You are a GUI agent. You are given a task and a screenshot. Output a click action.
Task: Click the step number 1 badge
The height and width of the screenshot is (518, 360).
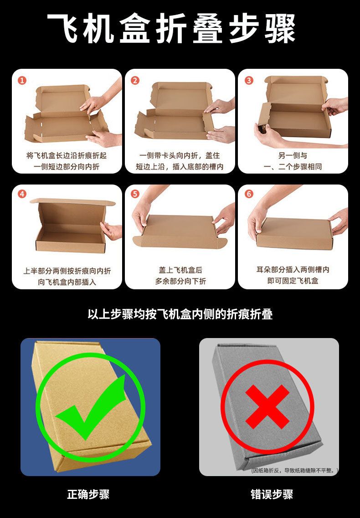22,80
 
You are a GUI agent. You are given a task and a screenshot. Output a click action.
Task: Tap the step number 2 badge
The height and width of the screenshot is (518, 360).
135,80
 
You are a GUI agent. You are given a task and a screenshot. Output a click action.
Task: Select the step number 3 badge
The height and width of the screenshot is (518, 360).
249,80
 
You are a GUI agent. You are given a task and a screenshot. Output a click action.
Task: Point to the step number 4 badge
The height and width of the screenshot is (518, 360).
22,194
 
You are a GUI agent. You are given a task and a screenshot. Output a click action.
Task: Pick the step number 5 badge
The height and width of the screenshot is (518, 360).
135,194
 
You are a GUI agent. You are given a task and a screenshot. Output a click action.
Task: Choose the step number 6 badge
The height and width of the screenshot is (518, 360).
249,194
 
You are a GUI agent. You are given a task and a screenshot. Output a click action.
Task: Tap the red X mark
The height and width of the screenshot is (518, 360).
267,407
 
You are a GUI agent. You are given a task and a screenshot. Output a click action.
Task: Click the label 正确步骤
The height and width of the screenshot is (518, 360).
88,494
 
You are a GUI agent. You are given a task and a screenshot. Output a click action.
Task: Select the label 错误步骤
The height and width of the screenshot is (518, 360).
272,494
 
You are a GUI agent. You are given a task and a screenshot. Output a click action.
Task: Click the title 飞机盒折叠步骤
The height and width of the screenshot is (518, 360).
171,29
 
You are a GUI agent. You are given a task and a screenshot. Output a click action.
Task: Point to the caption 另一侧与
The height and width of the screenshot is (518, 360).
293,156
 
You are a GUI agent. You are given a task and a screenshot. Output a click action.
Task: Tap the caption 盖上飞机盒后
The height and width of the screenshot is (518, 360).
180,270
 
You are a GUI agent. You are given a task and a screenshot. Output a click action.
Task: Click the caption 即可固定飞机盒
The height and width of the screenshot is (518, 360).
293,281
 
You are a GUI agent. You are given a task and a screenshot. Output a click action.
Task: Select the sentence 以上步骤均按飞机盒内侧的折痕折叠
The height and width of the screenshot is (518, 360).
180,314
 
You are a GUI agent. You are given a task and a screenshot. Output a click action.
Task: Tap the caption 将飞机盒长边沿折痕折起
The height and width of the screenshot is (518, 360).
67,156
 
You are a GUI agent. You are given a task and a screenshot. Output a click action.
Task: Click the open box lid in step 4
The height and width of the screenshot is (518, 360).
73,201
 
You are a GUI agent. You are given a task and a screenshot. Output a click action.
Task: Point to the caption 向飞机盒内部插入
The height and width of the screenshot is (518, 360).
67,282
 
